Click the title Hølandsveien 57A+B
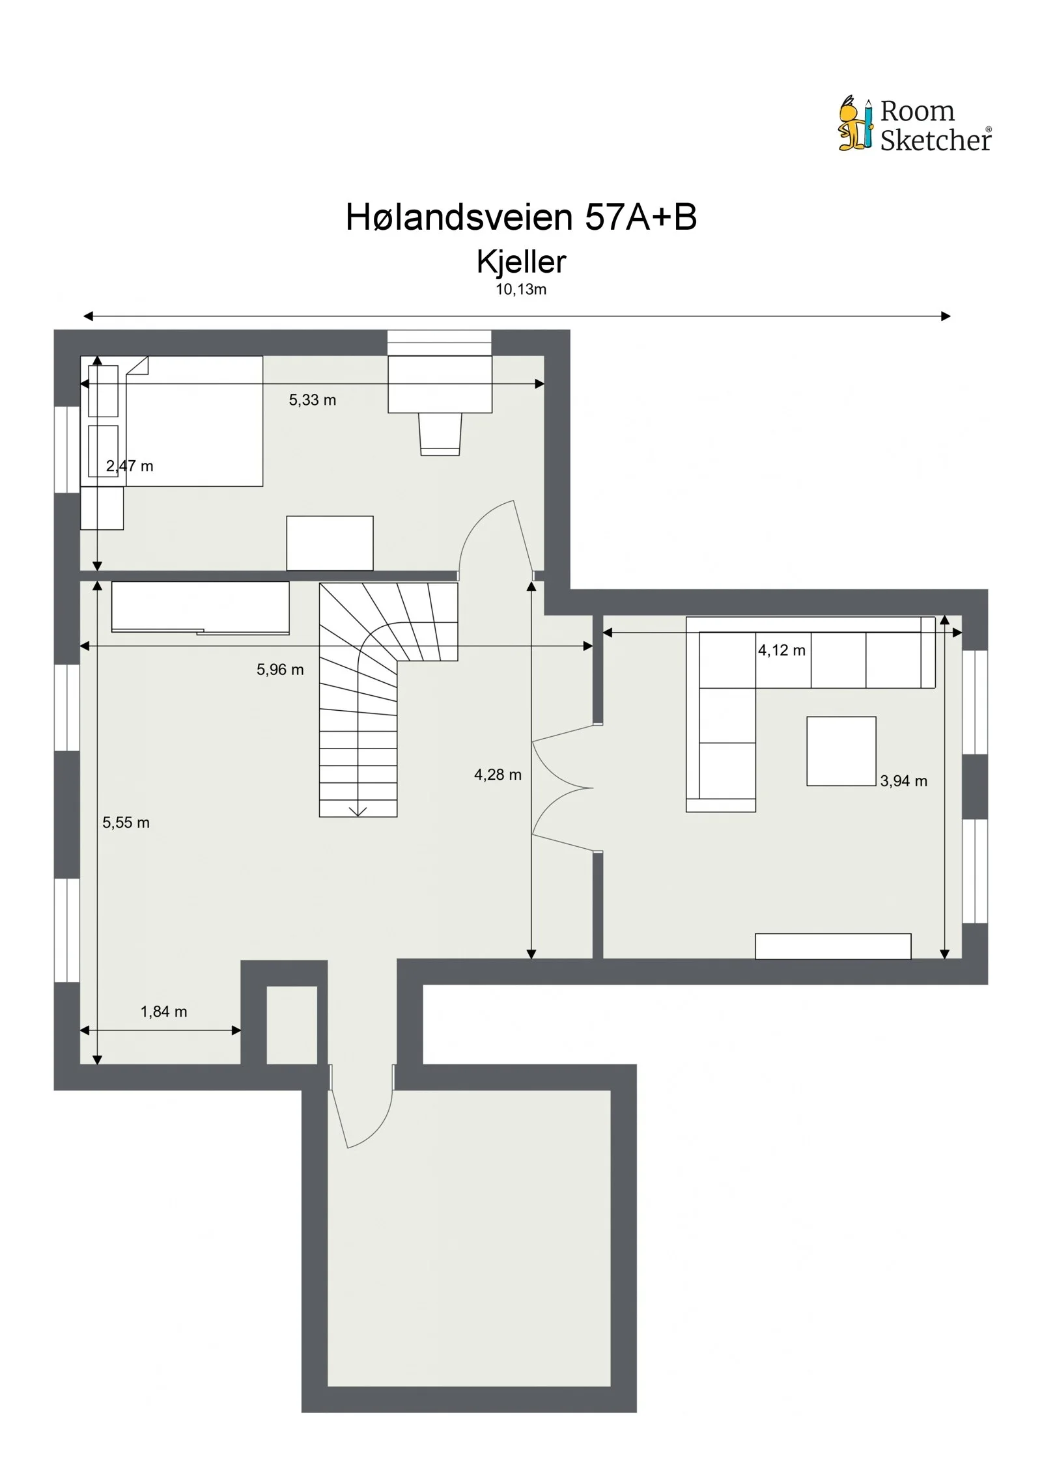(x=521, y=217)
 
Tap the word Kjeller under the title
(x=521, y=262)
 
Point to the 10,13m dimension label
(x=521, y=290)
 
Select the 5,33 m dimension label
(x=313, y=400)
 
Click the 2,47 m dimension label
(x=130, y=466)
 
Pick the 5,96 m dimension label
(x=280, y=670)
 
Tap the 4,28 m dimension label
(x=498, y=775)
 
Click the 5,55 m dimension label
(x=126, y=823)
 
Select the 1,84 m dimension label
(x=163, y=1012)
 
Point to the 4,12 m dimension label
(x=781, y=650)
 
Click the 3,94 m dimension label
(x=903, y=781)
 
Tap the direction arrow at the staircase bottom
(x=358, y=810)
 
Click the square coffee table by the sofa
(x=841, y=751)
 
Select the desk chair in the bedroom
(x=440, y=434)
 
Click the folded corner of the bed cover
(x=137, y=366)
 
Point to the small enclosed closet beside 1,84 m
(x=292, y=1025)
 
